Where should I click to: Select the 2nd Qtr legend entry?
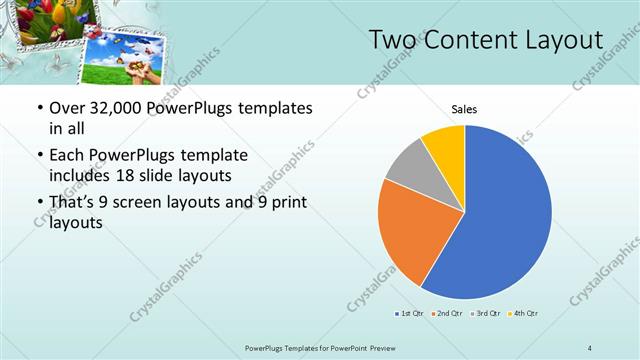pyautogui.click(x=446, y=314)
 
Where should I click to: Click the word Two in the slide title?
pyautogui.click(x=395, y=40)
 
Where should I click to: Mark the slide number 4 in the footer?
pyautogui.click(x=590, y=348)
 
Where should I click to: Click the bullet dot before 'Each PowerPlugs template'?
pyautogui.click(x=38, y=157)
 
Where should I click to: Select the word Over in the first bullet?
pyautogui.click(x=66, y=109)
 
